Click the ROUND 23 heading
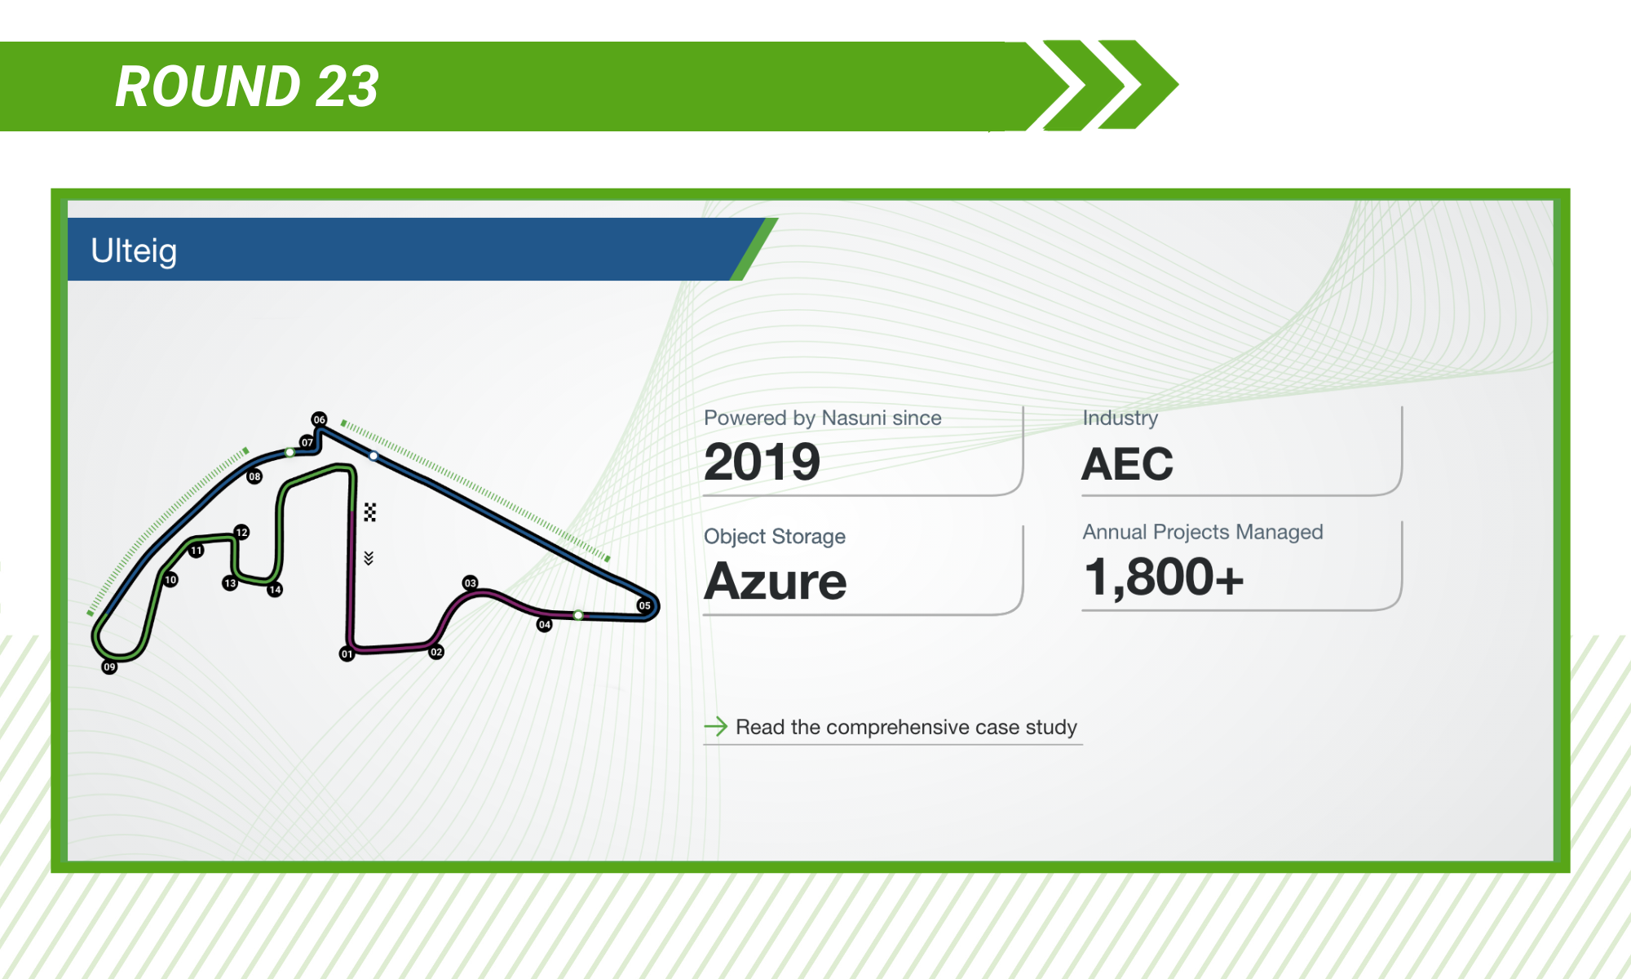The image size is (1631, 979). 247,86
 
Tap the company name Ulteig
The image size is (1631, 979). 134,250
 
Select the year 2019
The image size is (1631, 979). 762,462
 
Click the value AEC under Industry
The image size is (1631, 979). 1127,464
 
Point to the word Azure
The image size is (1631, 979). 776,581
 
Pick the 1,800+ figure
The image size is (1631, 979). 1164,577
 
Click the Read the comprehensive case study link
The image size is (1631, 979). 906,727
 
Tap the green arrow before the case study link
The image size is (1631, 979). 715,726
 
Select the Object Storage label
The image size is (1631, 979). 775,536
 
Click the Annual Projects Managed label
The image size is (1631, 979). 1203,532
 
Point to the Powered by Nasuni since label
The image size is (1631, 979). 822,418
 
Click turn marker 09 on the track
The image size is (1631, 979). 109,667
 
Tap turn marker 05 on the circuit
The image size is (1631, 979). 644,605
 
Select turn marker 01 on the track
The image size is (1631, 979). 347,654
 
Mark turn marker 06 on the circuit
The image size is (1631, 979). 319,419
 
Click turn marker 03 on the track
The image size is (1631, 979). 470,583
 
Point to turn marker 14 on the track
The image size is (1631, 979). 275,590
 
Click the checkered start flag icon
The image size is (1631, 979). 369,512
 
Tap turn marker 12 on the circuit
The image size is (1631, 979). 241,533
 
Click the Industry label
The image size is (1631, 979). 1120,418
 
